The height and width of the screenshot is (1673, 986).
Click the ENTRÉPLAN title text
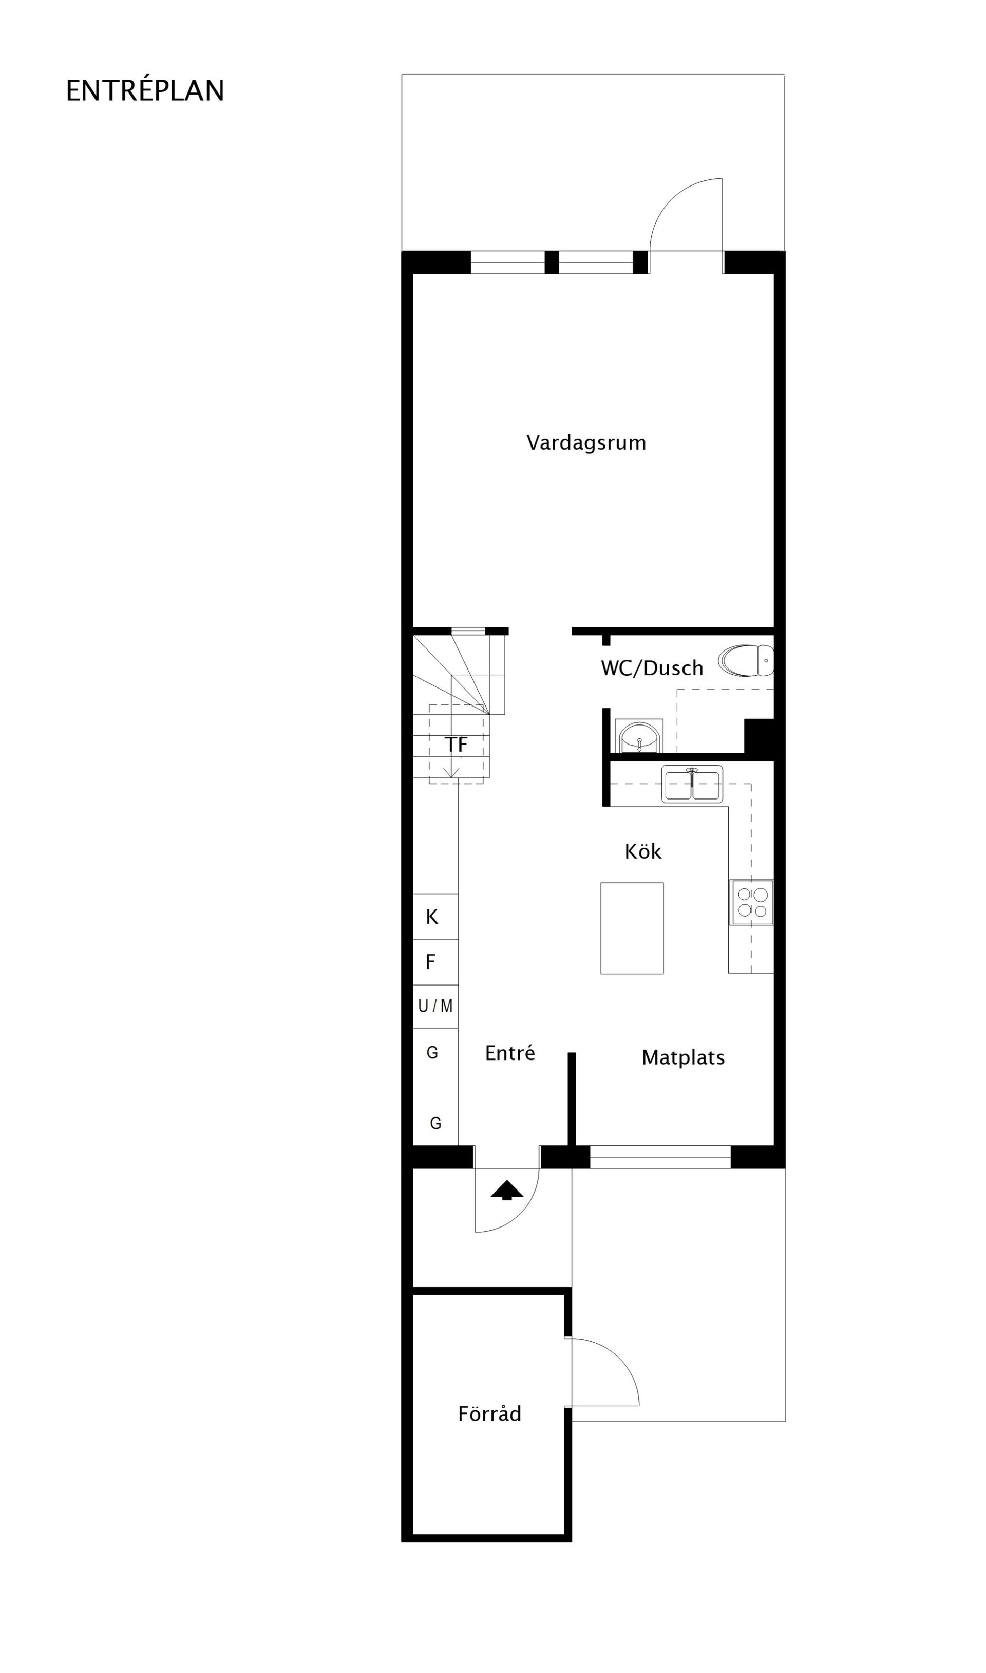tap(145, 91)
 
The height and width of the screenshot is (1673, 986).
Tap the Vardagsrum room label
tap(586, 443)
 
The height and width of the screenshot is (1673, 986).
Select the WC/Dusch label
tap(652, 668)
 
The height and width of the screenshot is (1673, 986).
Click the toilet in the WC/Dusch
tap(746, 661)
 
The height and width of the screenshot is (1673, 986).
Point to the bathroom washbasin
tap(638, 736)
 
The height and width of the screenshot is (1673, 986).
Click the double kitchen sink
tap(692, 784)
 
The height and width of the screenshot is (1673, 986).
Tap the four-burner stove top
tap(751, 902)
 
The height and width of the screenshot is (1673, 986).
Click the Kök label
tap(642, 851)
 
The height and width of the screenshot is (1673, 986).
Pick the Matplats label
tap(683, 1057)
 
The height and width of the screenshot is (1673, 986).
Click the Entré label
tap(509, 1053)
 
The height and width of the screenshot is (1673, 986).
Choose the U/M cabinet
tap(435, 1007)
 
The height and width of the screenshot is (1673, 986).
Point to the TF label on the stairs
tap(457, 745)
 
